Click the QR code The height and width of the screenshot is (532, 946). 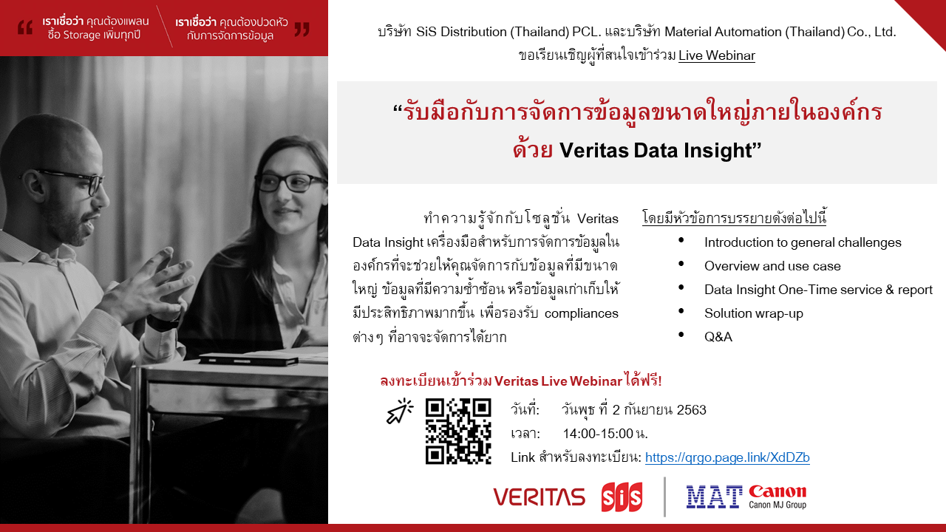click(x=458, y=431)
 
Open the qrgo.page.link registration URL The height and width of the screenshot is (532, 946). click(x=727, y=457)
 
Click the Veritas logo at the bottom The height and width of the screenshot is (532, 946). click(x=540, y=497)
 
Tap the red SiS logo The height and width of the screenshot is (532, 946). click(x=622, y=497)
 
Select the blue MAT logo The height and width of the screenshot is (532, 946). click(x=714, y=497)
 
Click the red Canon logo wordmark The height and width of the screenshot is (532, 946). click(x=777, y=492)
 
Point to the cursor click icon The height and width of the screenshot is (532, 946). click(x=400, y=411)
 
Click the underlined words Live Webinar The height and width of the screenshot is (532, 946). click(x=717, y=55)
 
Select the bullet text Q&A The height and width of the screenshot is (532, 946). click(x=718, y=336)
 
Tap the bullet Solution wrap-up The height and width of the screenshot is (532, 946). click(x=753, y=313)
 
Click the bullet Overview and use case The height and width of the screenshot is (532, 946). click(x=772, y=266)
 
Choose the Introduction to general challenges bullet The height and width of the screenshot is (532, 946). click(x=803, y=242)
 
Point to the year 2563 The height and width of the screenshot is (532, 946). click(x=691, y=409)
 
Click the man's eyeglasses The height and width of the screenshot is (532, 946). click(x=72, y=182)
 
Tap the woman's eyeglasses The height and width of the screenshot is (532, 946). click(x=290, y=183)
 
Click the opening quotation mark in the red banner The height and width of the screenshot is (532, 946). click(x=25, y=28)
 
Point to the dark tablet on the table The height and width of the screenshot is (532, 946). click(x=249, y=359)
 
